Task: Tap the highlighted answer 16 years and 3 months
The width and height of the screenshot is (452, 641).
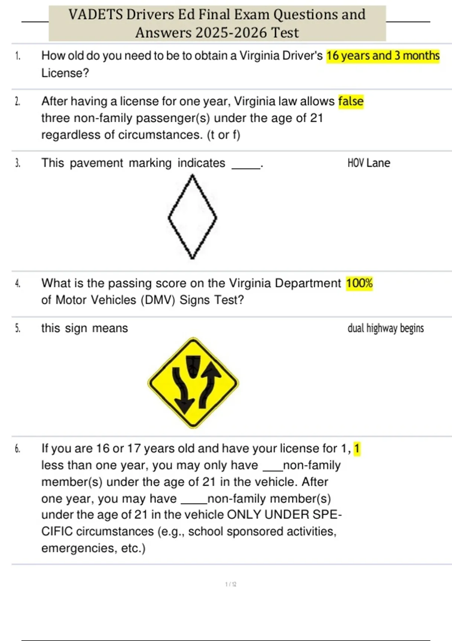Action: (x=383, y=56)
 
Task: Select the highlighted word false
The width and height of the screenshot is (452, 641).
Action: (x=351, y=101)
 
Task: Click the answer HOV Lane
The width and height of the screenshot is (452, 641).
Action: (x=369, y=163)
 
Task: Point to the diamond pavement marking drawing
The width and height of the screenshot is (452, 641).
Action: (x=192, y=217)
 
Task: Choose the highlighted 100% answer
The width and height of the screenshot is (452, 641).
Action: (x=359, y=283)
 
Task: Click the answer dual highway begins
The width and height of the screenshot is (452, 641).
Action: (x=385, y=328)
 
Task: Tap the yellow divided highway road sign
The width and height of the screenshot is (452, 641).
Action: (x=193, y=383)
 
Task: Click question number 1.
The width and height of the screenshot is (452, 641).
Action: (x=17, y=56)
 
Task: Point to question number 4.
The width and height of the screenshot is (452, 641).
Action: (x=17, y=284)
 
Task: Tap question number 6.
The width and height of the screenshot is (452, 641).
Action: (x=17, y=449)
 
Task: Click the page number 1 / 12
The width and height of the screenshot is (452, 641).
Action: (x=231, y=584)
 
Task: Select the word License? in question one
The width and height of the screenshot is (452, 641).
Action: (x=65, y=73)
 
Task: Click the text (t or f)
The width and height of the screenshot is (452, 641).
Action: (x=223, y=135)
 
